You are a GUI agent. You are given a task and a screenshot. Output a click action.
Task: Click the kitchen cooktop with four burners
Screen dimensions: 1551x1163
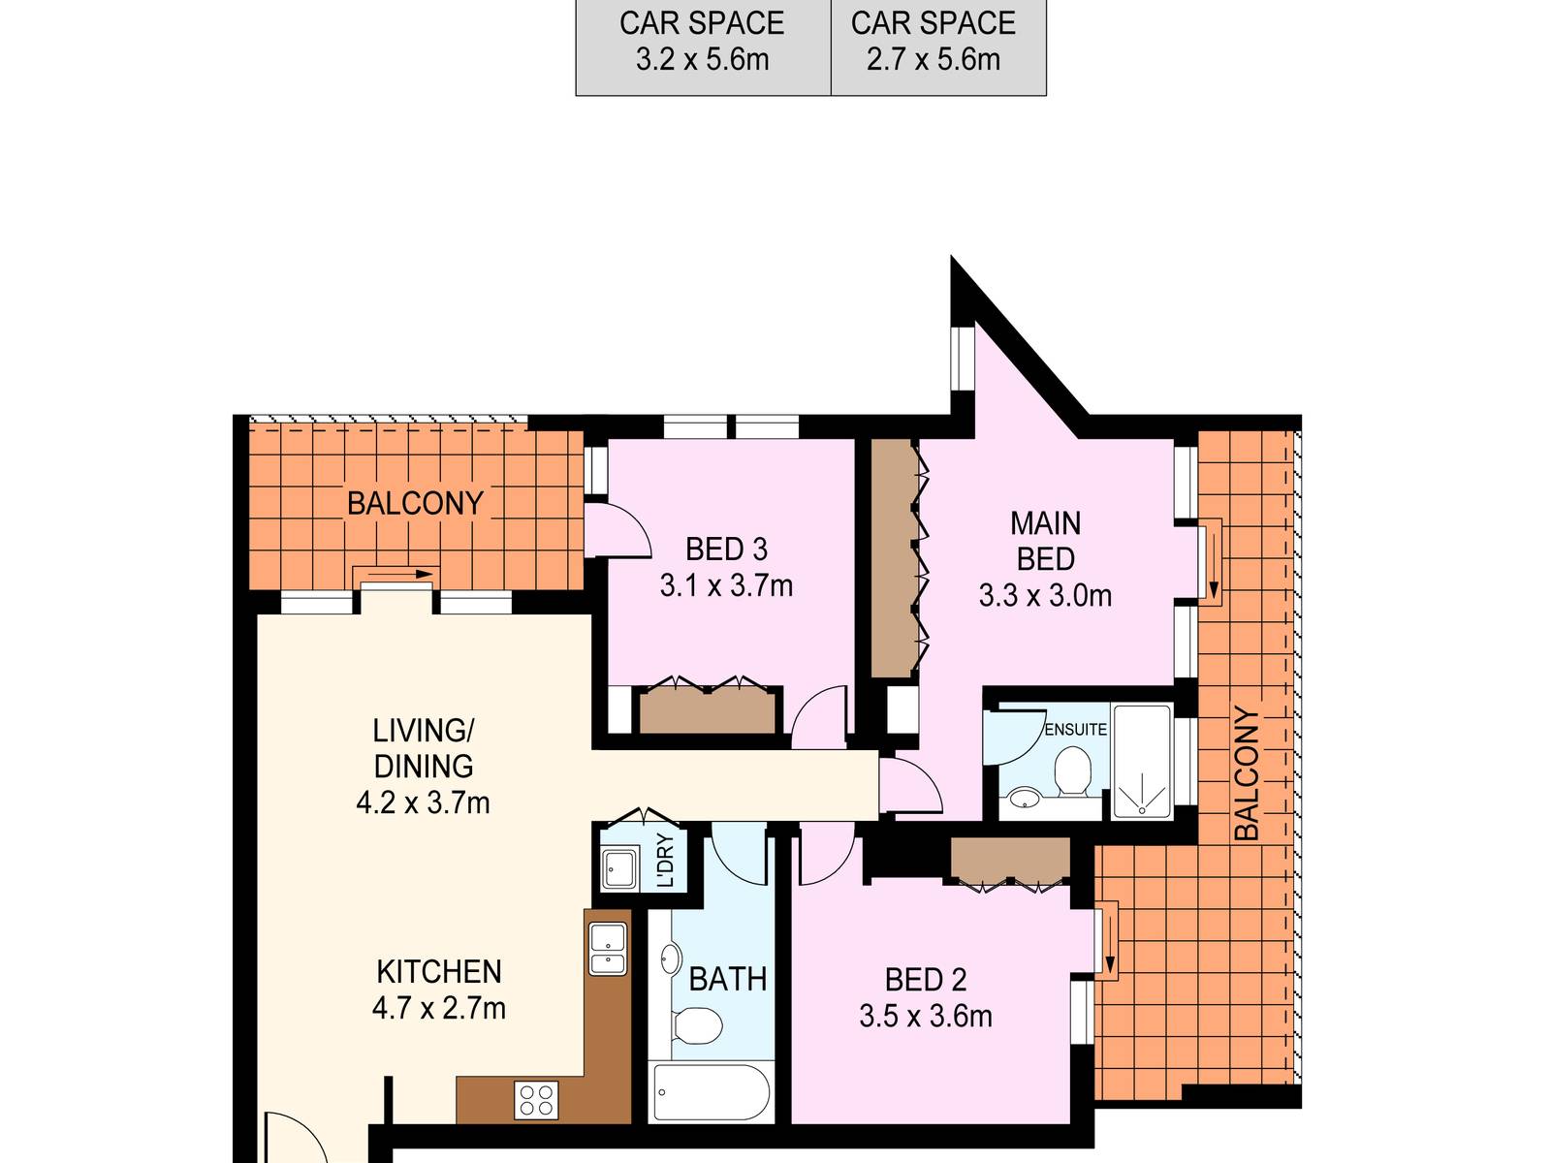[536, 1100]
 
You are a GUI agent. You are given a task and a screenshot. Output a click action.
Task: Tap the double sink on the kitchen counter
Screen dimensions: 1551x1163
[608, 949]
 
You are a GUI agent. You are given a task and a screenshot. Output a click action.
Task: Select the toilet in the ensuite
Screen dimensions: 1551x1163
[1072, 771]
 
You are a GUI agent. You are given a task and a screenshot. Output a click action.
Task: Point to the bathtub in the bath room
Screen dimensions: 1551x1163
[711, 1092]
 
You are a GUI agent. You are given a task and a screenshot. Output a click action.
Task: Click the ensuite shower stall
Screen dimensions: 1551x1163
[1142, 761]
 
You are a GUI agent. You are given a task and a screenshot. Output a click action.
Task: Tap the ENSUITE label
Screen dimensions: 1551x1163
[1075, 730]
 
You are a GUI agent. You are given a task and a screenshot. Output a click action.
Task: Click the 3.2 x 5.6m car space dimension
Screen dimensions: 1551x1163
[703, 59]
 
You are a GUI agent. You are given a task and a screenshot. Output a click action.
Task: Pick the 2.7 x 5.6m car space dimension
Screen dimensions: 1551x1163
[934, 59]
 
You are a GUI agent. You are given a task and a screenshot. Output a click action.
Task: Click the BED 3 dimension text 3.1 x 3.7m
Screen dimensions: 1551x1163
[726, 586]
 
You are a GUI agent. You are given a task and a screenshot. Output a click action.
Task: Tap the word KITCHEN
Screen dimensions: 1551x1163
[439, 972]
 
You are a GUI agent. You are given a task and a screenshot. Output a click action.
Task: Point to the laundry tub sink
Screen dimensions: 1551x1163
[620, 868]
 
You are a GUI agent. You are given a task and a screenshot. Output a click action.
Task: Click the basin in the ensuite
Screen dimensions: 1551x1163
[1021, 800]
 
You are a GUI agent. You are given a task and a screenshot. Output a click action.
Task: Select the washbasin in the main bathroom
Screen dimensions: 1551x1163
[671, 958]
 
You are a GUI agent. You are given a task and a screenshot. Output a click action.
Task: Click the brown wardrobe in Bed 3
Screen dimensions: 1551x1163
[708, 710]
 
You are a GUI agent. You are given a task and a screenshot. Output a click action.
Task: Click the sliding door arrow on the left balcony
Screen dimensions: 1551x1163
[400, 574]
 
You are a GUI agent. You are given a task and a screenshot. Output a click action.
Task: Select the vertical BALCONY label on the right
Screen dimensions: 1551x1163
[1247, 773]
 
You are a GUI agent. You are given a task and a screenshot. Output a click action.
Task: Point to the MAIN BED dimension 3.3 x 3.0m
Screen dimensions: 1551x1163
[1045, 596]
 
